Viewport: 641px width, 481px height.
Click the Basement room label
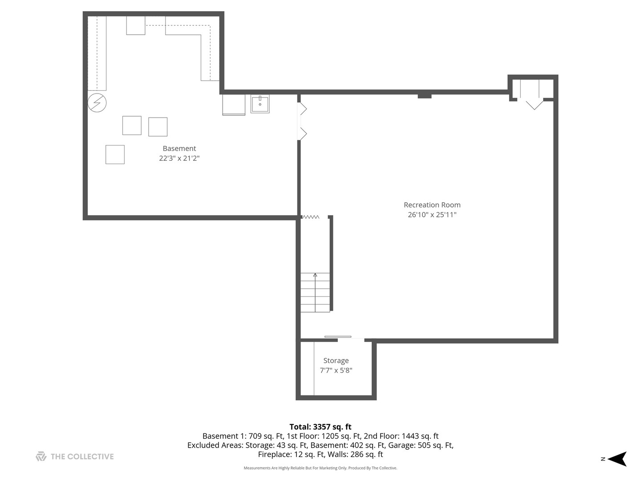[x=179, y=148]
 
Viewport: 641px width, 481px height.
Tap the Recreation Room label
[x=432, y=205]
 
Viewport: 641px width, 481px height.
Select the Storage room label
[x=336, y=361]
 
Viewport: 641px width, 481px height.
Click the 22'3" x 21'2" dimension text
[x=179, y=158]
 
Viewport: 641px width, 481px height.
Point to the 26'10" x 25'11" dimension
[x=432, y=215]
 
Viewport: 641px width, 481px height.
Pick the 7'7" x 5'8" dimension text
[x=336, y=370]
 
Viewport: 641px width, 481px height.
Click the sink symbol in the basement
[x=260, y=104]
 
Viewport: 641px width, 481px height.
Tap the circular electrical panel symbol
[x=97, y=103]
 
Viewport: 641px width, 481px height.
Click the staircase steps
[x=315, y=292]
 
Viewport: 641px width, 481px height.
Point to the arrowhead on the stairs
[x=315, y=275]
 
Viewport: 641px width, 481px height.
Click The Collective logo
[x=75, y=457]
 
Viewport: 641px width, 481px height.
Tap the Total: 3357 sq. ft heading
[x=320, y=427]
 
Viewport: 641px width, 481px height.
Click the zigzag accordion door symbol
[x=310, y=217]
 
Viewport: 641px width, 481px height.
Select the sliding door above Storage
[x=338, y=337]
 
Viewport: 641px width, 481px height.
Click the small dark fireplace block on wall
[x=424, y=96]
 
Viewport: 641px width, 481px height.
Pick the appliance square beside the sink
[x=234, y=105]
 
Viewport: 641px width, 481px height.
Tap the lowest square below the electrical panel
[x=115, y=155]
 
